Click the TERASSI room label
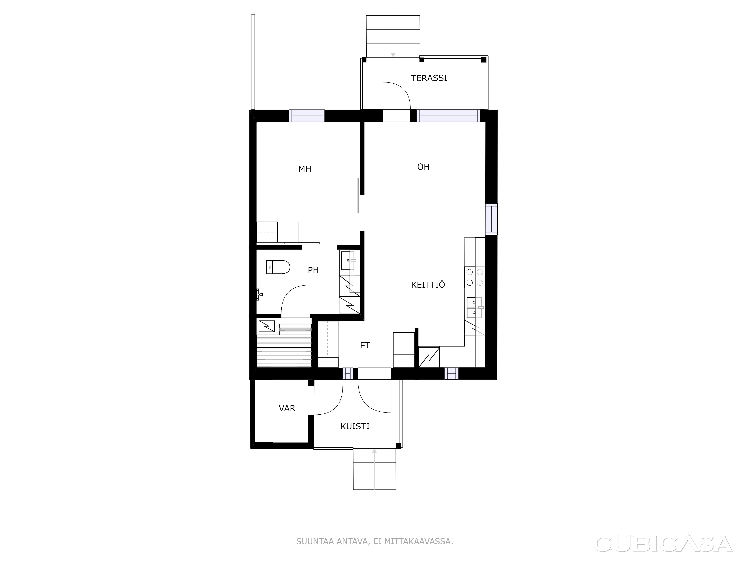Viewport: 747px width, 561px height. tap(429, 78)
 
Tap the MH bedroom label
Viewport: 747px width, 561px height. tap(305, 169)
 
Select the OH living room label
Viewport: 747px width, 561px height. tap(423, 167)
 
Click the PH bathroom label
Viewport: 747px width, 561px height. tap(313, 270)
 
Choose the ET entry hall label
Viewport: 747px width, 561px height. tap(365, 345)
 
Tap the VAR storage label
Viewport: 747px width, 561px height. tap(287, 408)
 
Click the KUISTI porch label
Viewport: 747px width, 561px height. tap(355, 426)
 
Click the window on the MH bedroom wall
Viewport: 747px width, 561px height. tap(307, 116)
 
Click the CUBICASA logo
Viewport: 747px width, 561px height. tap(663, 543)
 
